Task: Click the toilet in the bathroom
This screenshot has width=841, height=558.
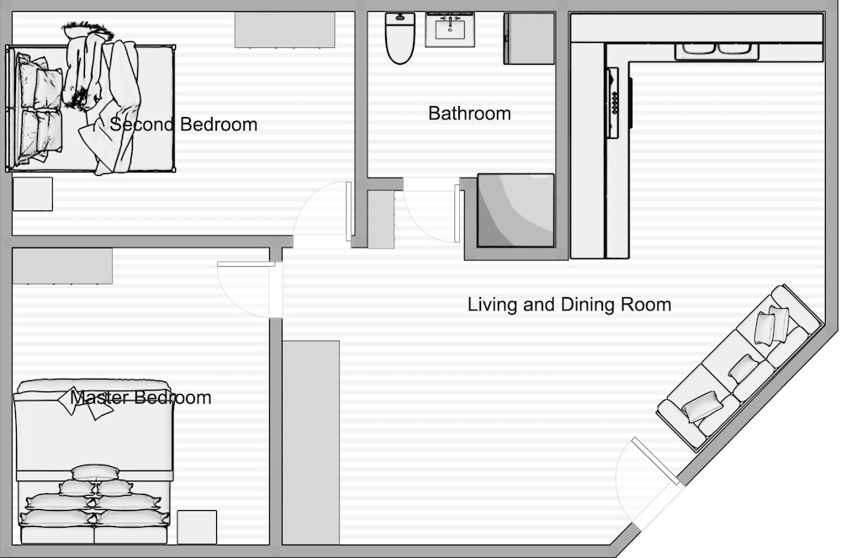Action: [399, 38]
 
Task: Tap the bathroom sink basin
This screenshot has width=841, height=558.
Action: [449, 29]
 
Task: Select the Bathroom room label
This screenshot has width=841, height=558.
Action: [469, 114]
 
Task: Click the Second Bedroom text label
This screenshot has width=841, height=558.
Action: [183, 125]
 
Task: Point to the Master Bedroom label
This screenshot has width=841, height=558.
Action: [140, 397]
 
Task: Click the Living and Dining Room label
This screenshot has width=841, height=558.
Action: [569, 305]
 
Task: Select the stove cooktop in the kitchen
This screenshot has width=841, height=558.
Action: [613, 103]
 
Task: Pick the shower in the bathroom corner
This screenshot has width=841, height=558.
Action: [516, 210]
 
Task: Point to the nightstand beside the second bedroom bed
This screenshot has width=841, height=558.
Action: [33, 194]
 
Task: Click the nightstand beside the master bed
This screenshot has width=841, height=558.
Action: [197, 528]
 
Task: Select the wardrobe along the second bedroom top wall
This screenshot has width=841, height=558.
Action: [285, 30]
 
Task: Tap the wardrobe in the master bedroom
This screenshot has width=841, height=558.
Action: [62, 266]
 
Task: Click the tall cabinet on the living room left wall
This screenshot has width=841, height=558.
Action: [311, 443]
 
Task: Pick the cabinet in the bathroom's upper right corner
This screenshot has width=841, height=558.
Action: [529, 39]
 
